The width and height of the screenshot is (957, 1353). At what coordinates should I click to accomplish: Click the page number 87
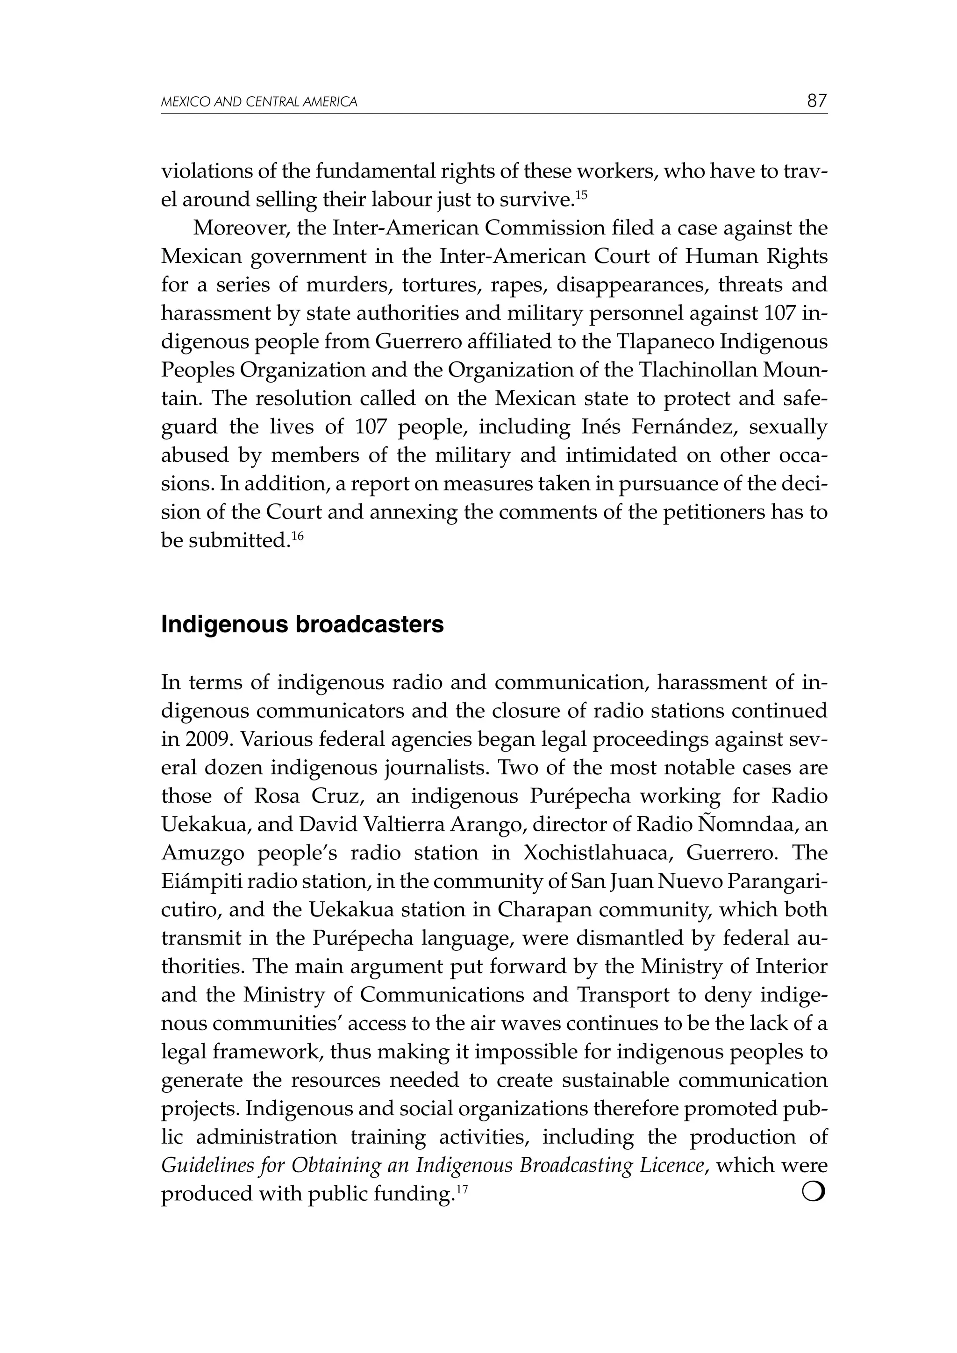click(x=817, y=101)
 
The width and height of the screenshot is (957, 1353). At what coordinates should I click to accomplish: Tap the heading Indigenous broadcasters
click(x=302, y=624)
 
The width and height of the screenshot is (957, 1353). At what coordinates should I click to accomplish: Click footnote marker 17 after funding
click(x=462, y=1189)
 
